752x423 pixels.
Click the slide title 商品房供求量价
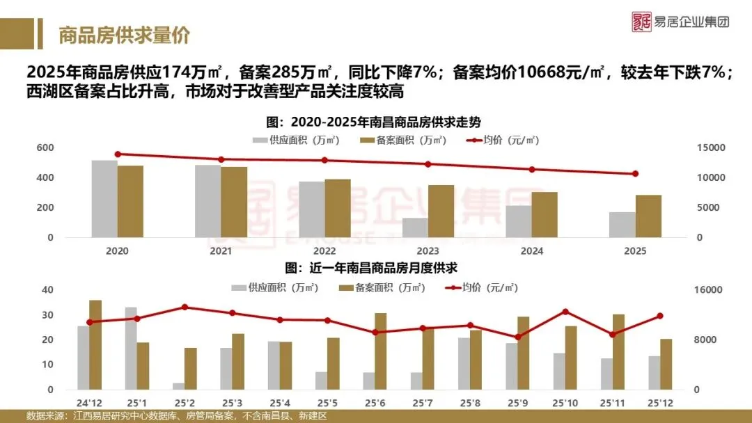point(124,35)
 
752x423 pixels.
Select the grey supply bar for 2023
point(415,228)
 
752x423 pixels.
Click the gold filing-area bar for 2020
point(130,201)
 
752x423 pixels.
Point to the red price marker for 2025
point(635,174)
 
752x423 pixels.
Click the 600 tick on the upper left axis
point(45,148)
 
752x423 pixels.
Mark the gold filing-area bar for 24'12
point(95,344)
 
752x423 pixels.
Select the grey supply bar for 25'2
point(179,386)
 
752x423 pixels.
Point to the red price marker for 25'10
point(565,312)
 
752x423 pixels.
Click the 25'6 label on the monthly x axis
point(375,403)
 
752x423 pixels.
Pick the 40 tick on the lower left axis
point(48,290)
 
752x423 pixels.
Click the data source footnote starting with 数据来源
point(177,416)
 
